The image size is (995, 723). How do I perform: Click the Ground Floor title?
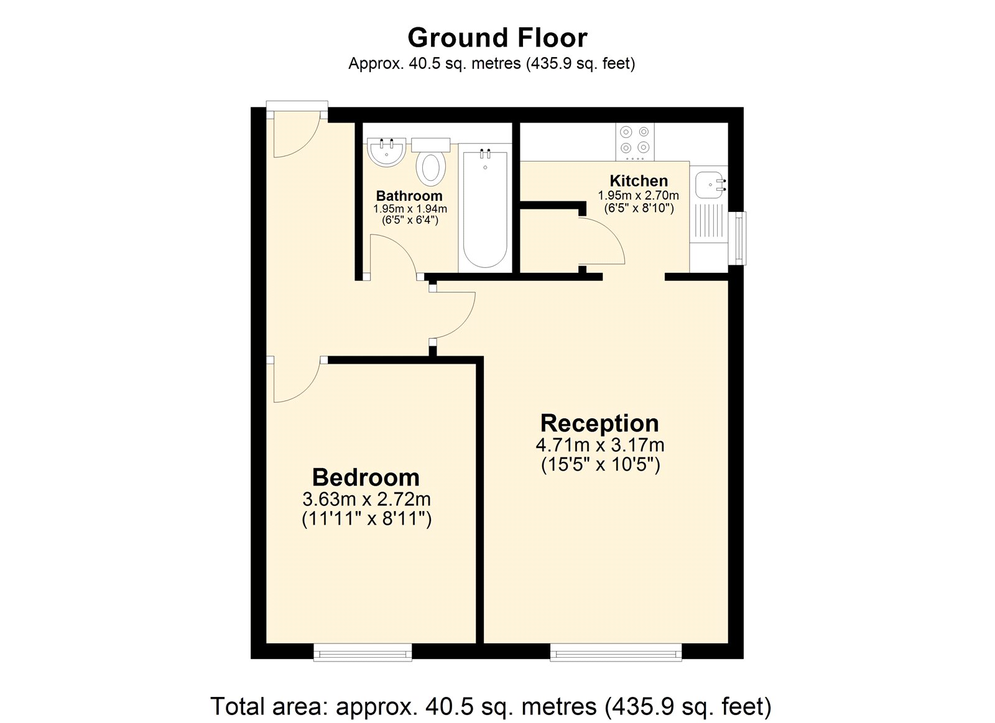click(497, 38)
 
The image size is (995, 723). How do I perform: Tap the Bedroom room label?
click(366, 477)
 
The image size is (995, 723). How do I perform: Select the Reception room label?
click(599, 423)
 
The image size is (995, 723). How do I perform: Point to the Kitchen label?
click(639, 181)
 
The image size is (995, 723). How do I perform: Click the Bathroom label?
click(409, 196)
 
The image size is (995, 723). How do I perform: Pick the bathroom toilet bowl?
click(431, 167)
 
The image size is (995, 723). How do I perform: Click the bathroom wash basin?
click(386, 151)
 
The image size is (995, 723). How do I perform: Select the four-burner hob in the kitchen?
click(635, 139)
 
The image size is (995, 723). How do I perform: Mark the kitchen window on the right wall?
click(738, 238)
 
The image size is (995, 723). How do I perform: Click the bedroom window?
click(363, 652)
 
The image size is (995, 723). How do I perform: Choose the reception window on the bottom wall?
click(616, 652)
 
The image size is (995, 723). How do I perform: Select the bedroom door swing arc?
click(297, 380)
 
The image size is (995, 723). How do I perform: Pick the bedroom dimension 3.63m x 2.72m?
click(366, 499)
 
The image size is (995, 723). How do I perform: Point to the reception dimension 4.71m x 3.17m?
click(599, 445)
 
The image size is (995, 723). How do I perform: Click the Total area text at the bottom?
click(491, 706)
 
